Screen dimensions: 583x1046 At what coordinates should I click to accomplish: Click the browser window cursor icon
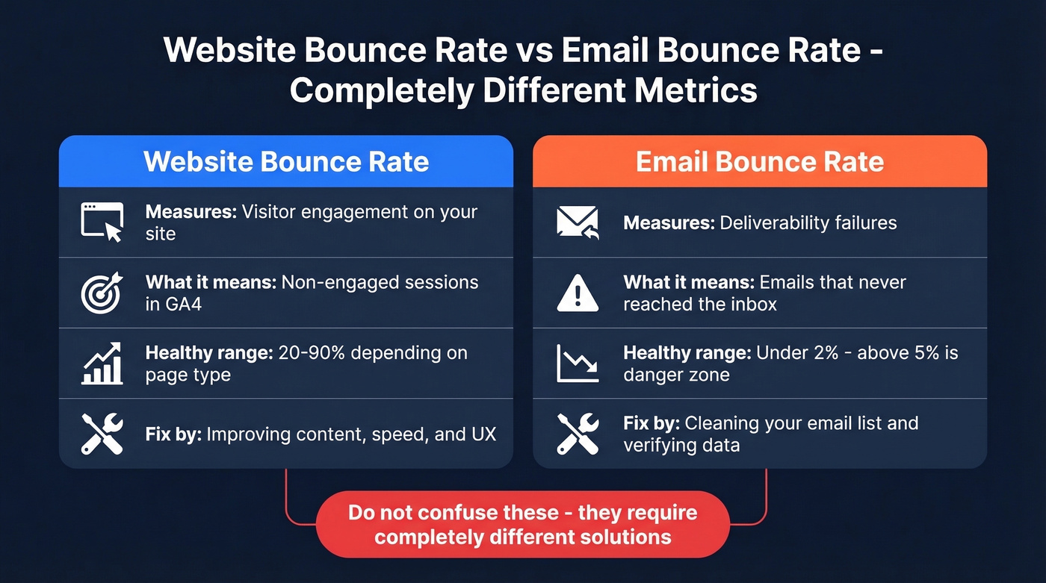click(x=102, y=222)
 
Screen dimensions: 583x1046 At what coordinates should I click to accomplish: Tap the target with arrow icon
click(x=102, y=292)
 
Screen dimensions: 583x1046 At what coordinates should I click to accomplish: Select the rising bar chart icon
click(x=102, y=363)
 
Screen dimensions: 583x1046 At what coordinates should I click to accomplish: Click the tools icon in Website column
click(x=102, y=434)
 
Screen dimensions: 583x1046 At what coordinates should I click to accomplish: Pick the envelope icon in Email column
click(x=578, y=222)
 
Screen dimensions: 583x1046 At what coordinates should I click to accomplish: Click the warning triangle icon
click(x=578, y=293)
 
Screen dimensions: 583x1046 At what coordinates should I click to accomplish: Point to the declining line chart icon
click(x=578, y=363)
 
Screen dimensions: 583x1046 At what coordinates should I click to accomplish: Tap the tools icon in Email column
click(x=578, y=434)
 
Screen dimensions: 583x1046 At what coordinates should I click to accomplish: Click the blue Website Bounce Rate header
click(x=286, y=162)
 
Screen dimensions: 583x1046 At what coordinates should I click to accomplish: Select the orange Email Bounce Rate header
click(x=760, y=162)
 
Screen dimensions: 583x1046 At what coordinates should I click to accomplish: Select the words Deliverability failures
click(x=808, y=222)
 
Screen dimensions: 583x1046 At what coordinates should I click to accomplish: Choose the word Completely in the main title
click(x=381, y=90)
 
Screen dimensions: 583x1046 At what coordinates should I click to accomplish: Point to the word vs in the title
click(x=531, y=51)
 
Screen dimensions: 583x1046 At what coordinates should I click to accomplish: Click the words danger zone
click(x=676, y=375)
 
